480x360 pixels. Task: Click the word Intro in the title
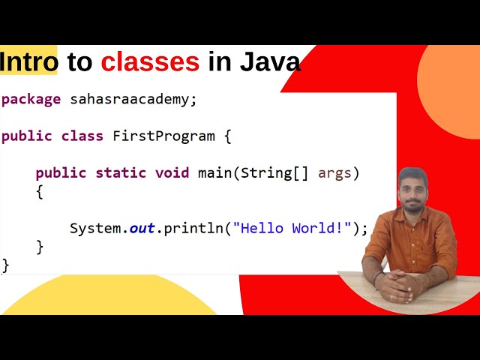click(x=29, y=61)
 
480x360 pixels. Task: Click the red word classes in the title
click(x=150, y=61)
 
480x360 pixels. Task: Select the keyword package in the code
click(x=31, y=100)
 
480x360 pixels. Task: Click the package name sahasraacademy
click(x=133, y=99)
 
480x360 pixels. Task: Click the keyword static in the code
click(x=121, y=173)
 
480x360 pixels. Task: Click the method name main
click(x=214, y=173)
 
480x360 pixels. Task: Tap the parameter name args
click(x=334, y=173)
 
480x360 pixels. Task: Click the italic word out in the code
click(x=142, y=228)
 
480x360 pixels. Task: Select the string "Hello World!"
click(x=292, y=228)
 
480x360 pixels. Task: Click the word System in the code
click(x=95, y=228)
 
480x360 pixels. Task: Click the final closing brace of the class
click(x=6, y=265)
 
